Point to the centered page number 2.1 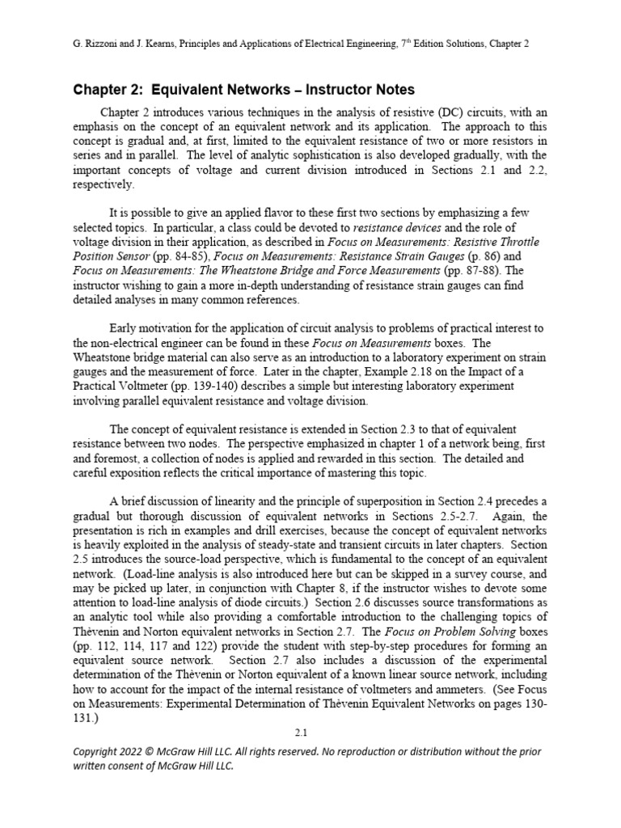click(x=302, y=733)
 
